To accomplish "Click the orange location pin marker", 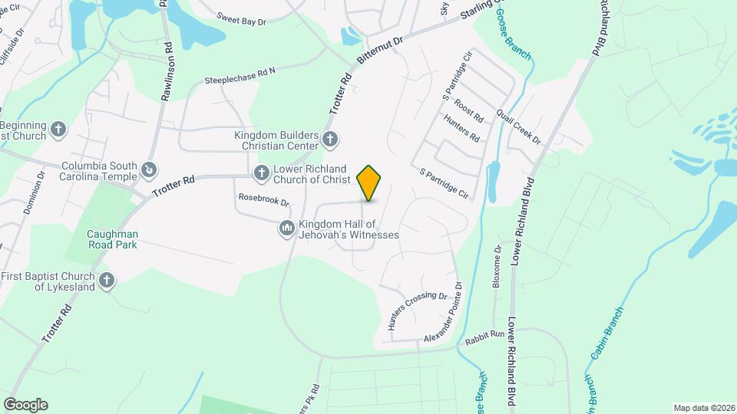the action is (369, 183).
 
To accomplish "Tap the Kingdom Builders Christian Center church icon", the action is (330, 139).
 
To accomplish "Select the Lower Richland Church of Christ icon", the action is (261, 172).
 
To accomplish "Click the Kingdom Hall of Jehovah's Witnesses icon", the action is (286, 228).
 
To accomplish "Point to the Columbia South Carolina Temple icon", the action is (150, 169).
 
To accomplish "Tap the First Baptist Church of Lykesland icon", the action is (107, 281).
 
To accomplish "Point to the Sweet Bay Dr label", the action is (241, 18).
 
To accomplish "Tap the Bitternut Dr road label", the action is (379, 51).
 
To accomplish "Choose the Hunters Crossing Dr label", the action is (417, 310).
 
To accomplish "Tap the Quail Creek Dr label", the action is (518, 127).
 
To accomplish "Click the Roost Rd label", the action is (468, 111).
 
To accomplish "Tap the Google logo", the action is (25, 405).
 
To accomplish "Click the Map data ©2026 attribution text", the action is (703, 407).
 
